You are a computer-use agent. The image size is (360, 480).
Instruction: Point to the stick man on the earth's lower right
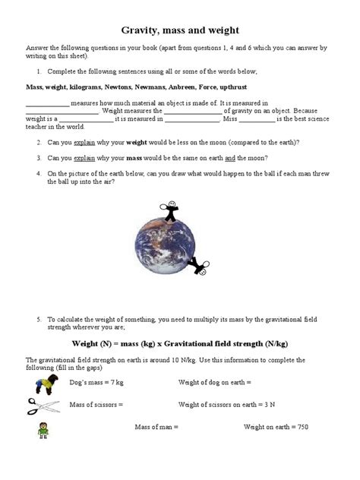[202, 267]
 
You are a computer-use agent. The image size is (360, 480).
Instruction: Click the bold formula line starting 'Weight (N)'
[179, 342]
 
